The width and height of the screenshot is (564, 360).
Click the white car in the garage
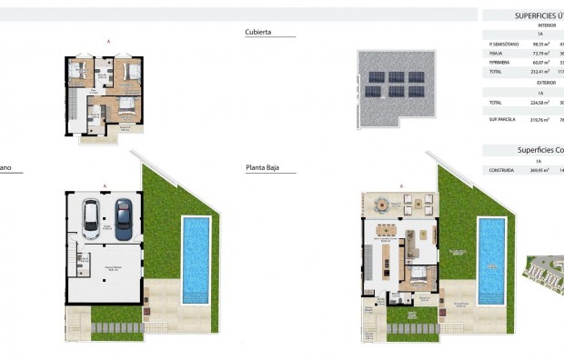point(92,219)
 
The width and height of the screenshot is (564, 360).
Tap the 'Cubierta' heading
point(258,32)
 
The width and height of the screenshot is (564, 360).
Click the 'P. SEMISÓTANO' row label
point(502,43)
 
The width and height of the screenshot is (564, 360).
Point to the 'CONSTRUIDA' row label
point(500,169)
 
